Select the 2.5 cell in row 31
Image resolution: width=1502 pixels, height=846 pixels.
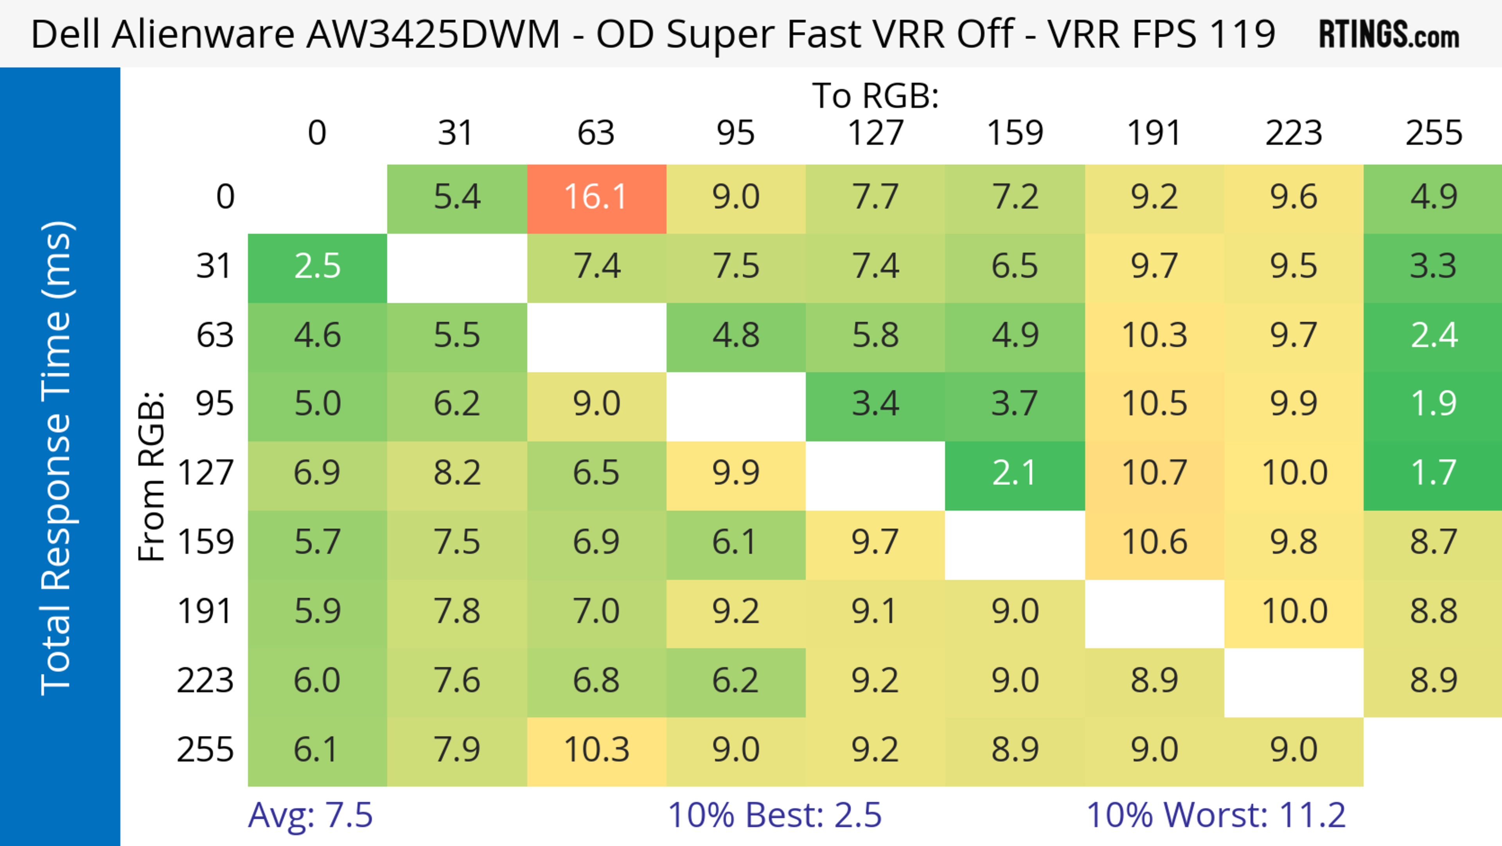[317, 267]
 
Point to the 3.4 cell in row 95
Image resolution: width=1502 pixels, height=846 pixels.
[875, 404]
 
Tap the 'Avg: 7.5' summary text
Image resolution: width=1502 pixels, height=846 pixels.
[310, 815]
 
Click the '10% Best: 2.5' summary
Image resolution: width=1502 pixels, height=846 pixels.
[774, 815]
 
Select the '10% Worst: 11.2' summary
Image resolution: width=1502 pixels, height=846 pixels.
[1216, 815]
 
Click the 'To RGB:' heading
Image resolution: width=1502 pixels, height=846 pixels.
[875, 96]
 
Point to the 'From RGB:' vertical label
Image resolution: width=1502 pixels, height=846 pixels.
[152, 476]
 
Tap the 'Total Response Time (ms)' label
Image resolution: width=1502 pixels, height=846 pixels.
[57, 458]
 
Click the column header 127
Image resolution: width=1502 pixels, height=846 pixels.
[875, 133]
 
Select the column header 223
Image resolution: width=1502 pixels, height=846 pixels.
[1293, 133]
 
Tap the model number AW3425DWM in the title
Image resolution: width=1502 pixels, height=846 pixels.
[433, 34]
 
